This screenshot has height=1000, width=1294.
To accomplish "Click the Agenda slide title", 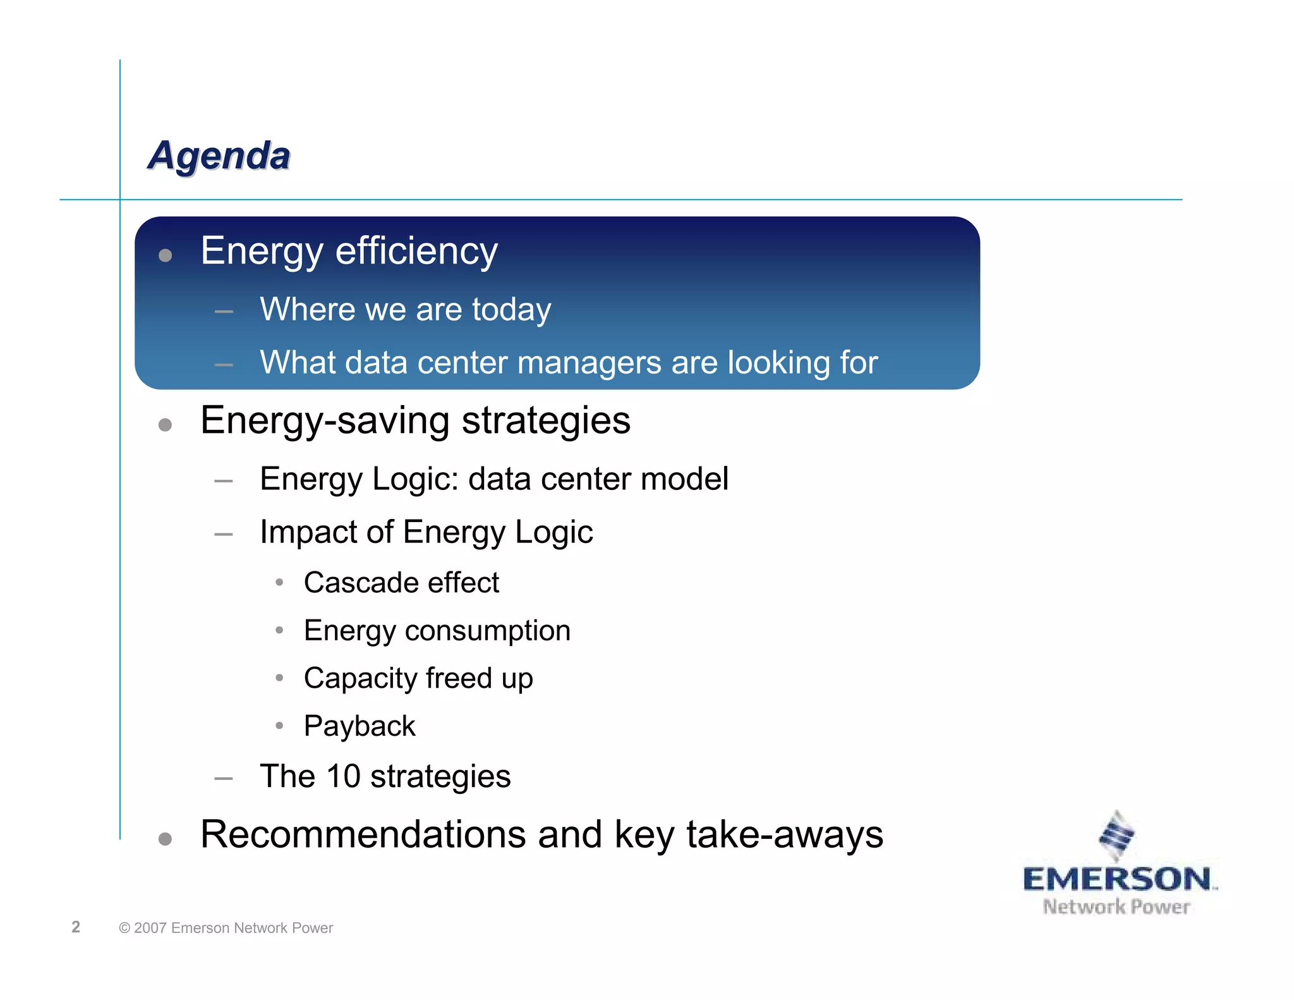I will click(219, 155).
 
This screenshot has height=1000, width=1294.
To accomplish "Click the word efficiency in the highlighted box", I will click(416, 251).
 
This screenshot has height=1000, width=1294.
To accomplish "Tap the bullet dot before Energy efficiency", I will click(166, 255).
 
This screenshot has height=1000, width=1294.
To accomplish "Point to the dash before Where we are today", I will click(224, 312).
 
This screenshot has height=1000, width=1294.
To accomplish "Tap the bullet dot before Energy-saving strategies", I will click(166, 425).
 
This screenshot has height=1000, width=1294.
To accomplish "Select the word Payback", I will click(360, 726).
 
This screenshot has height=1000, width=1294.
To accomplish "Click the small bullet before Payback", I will click(279, 726).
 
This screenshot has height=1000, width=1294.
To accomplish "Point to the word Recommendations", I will click(363, 834).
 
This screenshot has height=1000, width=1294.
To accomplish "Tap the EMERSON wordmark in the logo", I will click(1116, 880).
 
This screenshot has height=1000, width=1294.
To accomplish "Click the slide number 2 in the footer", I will click(76, 927).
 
